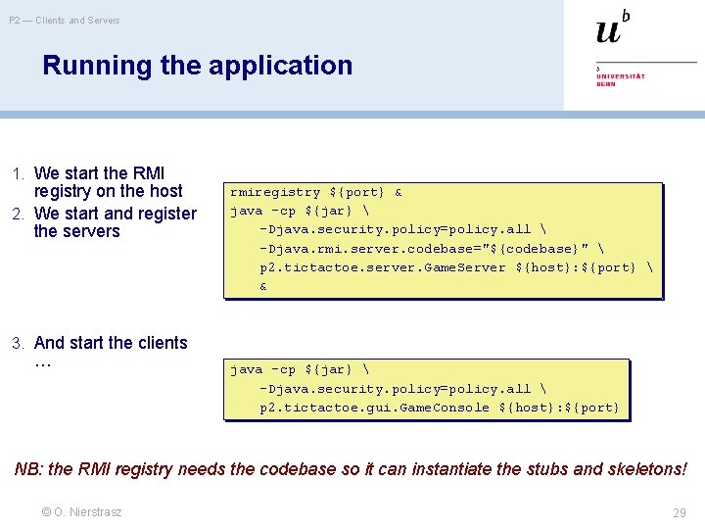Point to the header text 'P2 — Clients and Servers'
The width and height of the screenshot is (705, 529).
click(65, 20)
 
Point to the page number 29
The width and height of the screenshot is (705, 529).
click(680, 512)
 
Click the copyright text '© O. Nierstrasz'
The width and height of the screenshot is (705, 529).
click(81, 511)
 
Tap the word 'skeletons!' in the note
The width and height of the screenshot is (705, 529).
click(645, 469)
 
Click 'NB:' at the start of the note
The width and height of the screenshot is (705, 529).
click(29, 469)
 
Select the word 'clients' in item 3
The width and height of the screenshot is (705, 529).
click(160, 343)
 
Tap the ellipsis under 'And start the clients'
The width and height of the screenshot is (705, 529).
click(42, 362)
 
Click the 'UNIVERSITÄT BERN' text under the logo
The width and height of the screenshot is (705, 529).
click(621, 79)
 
